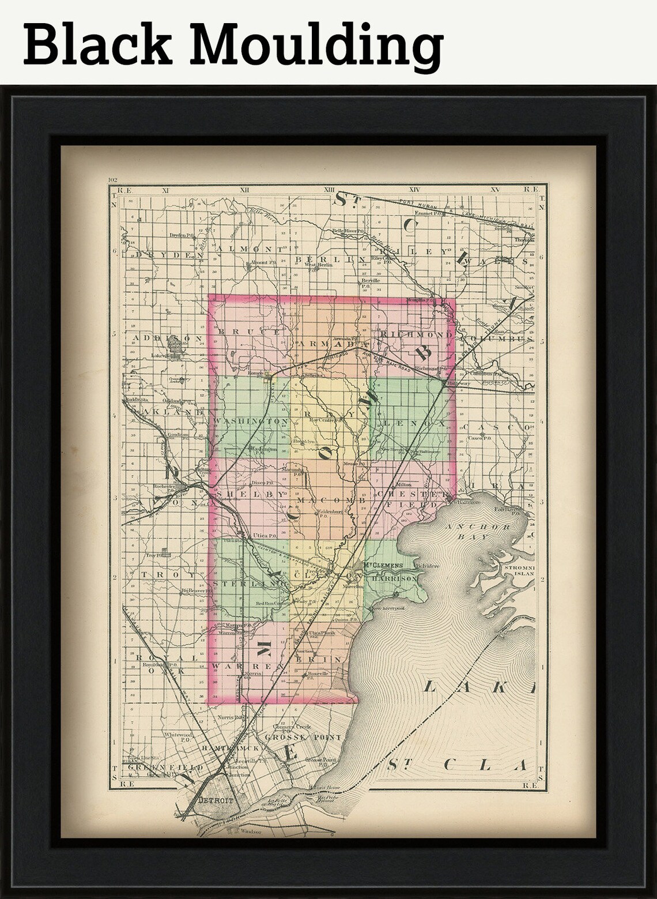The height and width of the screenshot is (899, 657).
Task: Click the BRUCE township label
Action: tap(249, 332)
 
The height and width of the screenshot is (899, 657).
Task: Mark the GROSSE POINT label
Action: tap(295, 738)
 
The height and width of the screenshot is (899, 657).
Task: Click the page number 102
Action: tap(112, 180)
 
